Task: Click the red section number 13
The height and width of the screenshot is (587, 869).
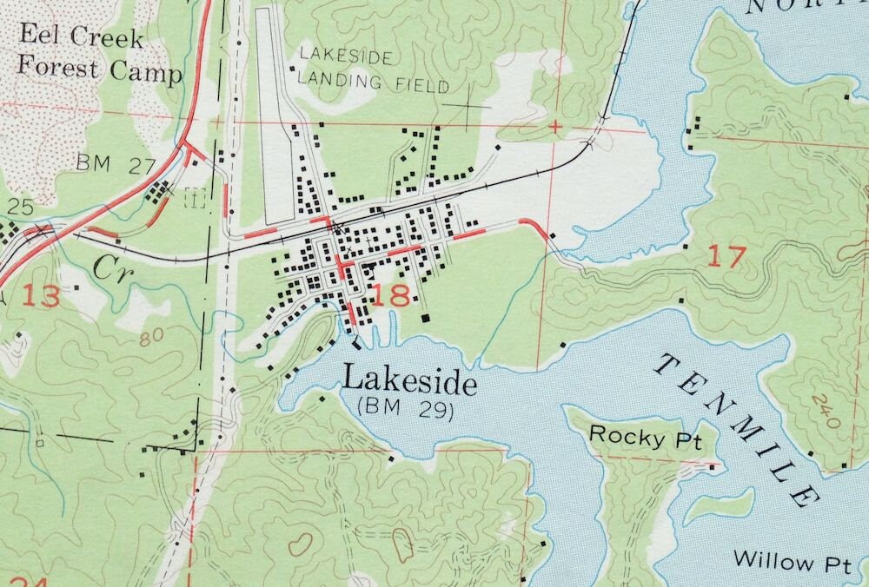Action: point(41,296)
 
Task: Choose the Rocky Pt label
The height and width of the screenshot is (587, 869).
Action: point(639,436)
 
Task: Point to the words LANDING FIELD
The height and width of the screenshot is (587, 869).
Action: point(374,85)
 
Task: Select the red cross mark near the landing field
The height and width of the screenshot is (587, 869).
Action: point(554,128)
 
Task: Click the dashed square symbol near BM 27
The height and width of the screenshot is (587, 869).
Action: point(196,198)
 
